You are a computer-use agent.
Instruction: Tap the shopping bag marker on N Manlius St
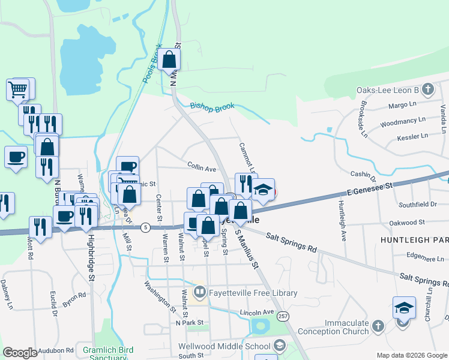click(x=170, y=59)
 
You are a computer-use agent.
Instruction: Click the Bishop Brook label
click(x=212, y=107)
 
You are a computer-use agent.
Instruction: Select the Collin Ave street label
click(x=201, y=169)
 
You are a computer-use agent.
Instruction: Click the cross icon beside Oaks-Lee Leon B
click(x=427, y=90)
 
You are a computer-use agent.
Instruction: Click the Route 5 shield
click(x=145, y=227)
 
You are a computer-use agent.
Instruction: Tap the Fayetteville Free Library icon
click(x=199, y=293)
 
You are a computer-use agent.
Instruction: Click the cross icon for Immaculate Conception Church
click(x=378, y=326)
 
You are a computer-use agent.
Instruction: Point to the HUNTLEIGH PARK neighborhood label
click(x=414, y=239)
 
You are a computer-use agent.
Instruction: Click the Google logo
click(x=20, y=353)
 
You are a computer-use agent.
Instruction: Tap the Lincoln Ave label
click(x=256, y=313)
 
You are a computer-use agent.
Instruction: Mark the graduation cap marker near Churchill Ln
click(x=404, y=308)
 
